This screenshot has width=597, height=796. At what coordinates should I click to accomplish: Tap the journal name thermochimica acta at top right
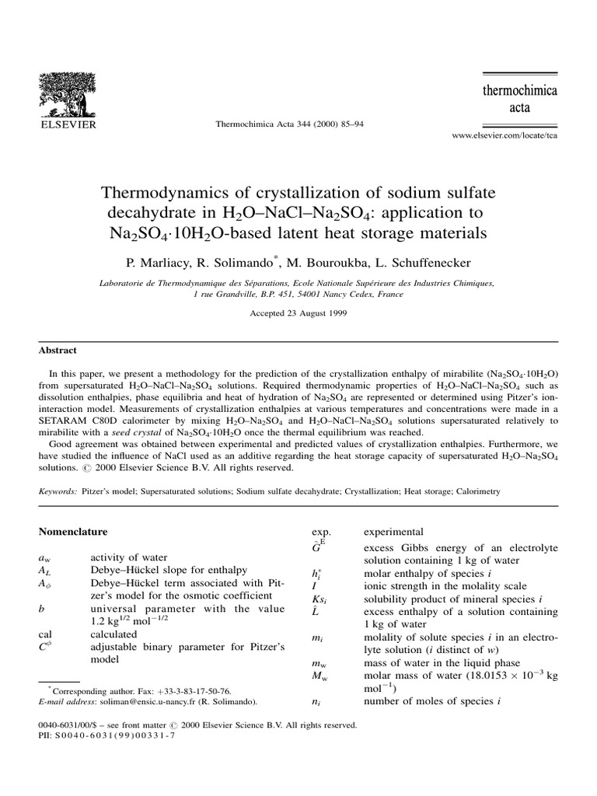click(520, 99)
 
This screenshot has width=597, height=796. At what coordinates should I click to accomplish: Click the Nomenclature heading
click(73, 532)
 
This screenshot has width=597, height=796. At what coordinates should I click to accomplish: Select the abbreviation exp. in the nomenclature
click(321, 532)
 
